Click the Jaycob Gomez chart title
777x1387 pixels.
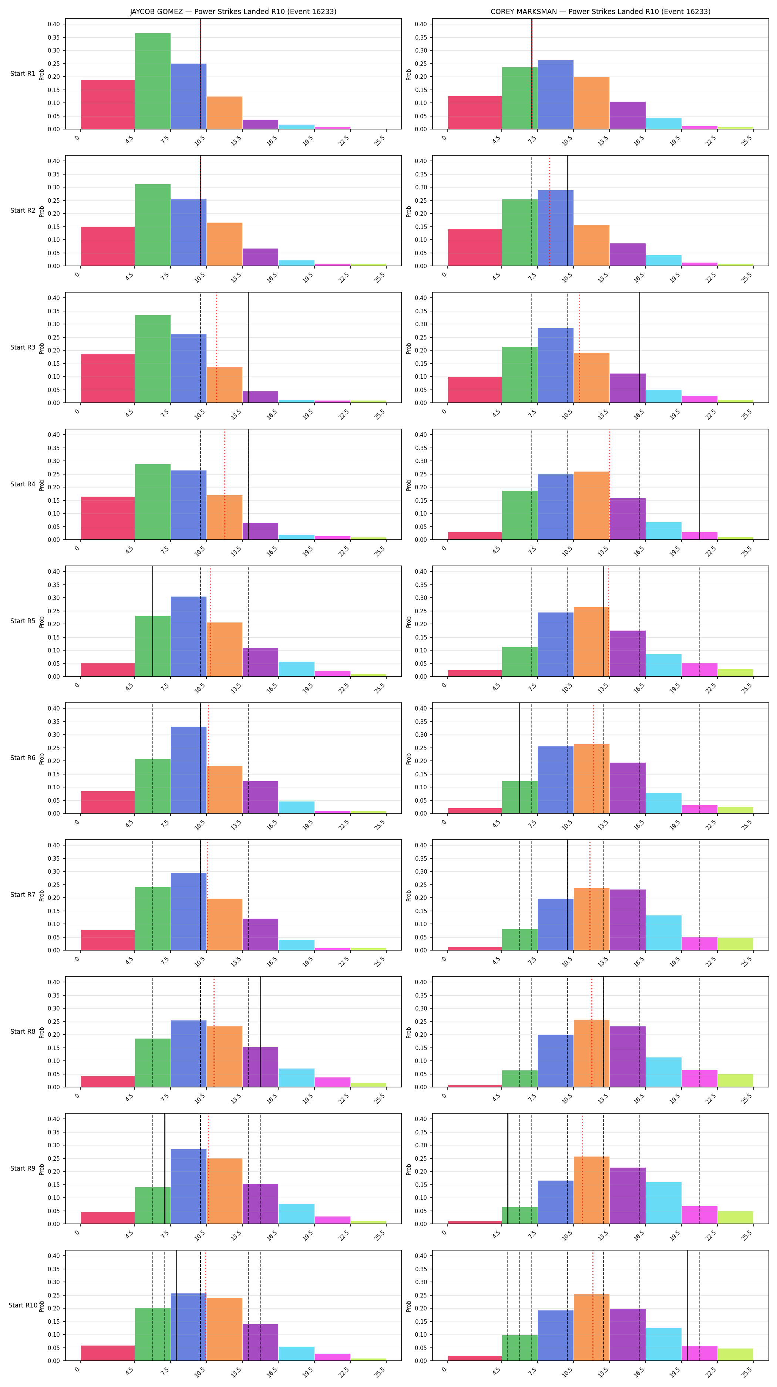pos(233,11)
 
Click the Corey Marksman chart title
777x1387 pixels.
pos(601,11)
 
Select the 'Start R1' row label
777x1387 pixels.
pos(23,74)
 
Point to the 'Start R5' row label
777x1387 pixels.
pos(23,621)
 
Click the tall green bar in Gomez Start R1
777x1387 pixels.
pos(153,81)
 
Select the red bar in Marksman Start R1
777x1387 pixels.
pos(474,112)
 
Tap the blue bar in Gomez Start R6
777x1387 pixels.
pos(188,770)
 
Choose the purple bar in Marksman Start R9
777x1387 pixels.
pos(627,1195)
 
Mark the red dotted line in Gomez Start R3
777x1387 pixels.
pos(216,348)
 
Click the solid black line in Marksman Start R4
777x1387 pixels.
pos(699,485)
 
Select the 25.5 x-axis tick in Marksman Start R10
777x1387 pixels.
pos(747,1368)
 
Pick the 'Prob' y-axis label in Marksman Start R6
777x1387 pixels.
pos(409,759)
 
